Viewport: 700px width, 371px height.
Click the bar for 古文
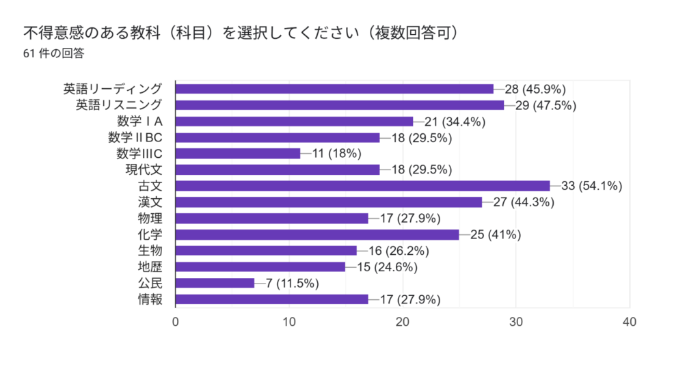click(x=362, y=186)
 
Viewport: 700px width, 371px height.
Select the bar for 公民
click(x=215, y=283)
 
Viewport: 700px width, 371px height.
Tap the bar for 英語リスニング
click(x=340, y=105)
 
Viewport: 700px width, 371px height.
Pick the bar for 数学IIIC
click(x=238, y=154)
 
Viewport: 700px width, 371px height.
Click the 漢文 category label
click(x=150, y=202)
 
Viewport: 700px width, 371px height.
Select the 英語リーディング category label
click(x=113, y=89)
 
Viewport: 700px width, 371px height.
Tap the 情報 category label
click(x=150, y=299)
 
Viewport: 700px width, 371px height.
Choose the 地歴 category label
click(x=150, y=267)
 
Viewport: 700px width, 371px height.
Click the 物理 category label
click(x=150, y=219)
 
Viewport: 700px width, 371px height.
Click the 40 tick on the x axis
click(x=630, y=322)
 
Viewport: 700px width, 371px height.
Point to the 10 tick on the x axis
click(x=290, y=322)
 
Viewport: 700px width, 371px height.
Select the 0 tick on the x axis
click(x=176, y=322)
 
